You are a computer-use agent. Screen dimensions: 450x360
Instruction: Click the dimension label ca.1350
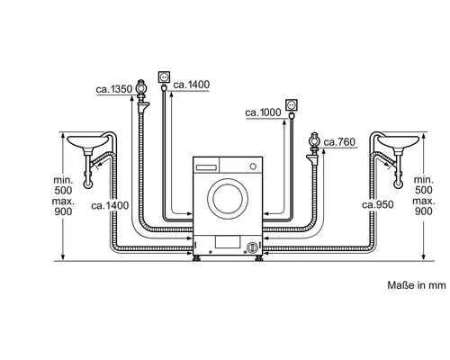pos(114,89)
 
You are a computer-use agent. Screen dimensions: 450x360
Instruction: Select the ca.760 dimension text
pos(339,142)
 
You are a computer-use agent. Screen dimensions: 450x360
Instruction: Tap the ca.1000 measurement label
pos(263,112)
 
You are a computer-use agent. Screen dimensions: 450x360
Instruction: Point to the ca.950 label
pos(378,204)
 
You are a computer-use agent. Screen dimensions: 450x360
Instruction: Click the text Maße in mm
pos(417,285)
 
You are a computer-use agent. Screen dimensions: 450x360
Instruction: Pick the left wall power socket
pos(164,77)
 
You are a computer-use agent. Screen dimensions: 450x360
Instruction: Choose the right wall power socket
pos(291,104)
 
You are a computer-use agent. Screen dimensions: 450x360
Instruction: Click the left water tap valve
pos(141,96)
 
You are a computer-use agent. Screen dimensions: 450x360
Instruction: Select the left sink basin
pos(87,142)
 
